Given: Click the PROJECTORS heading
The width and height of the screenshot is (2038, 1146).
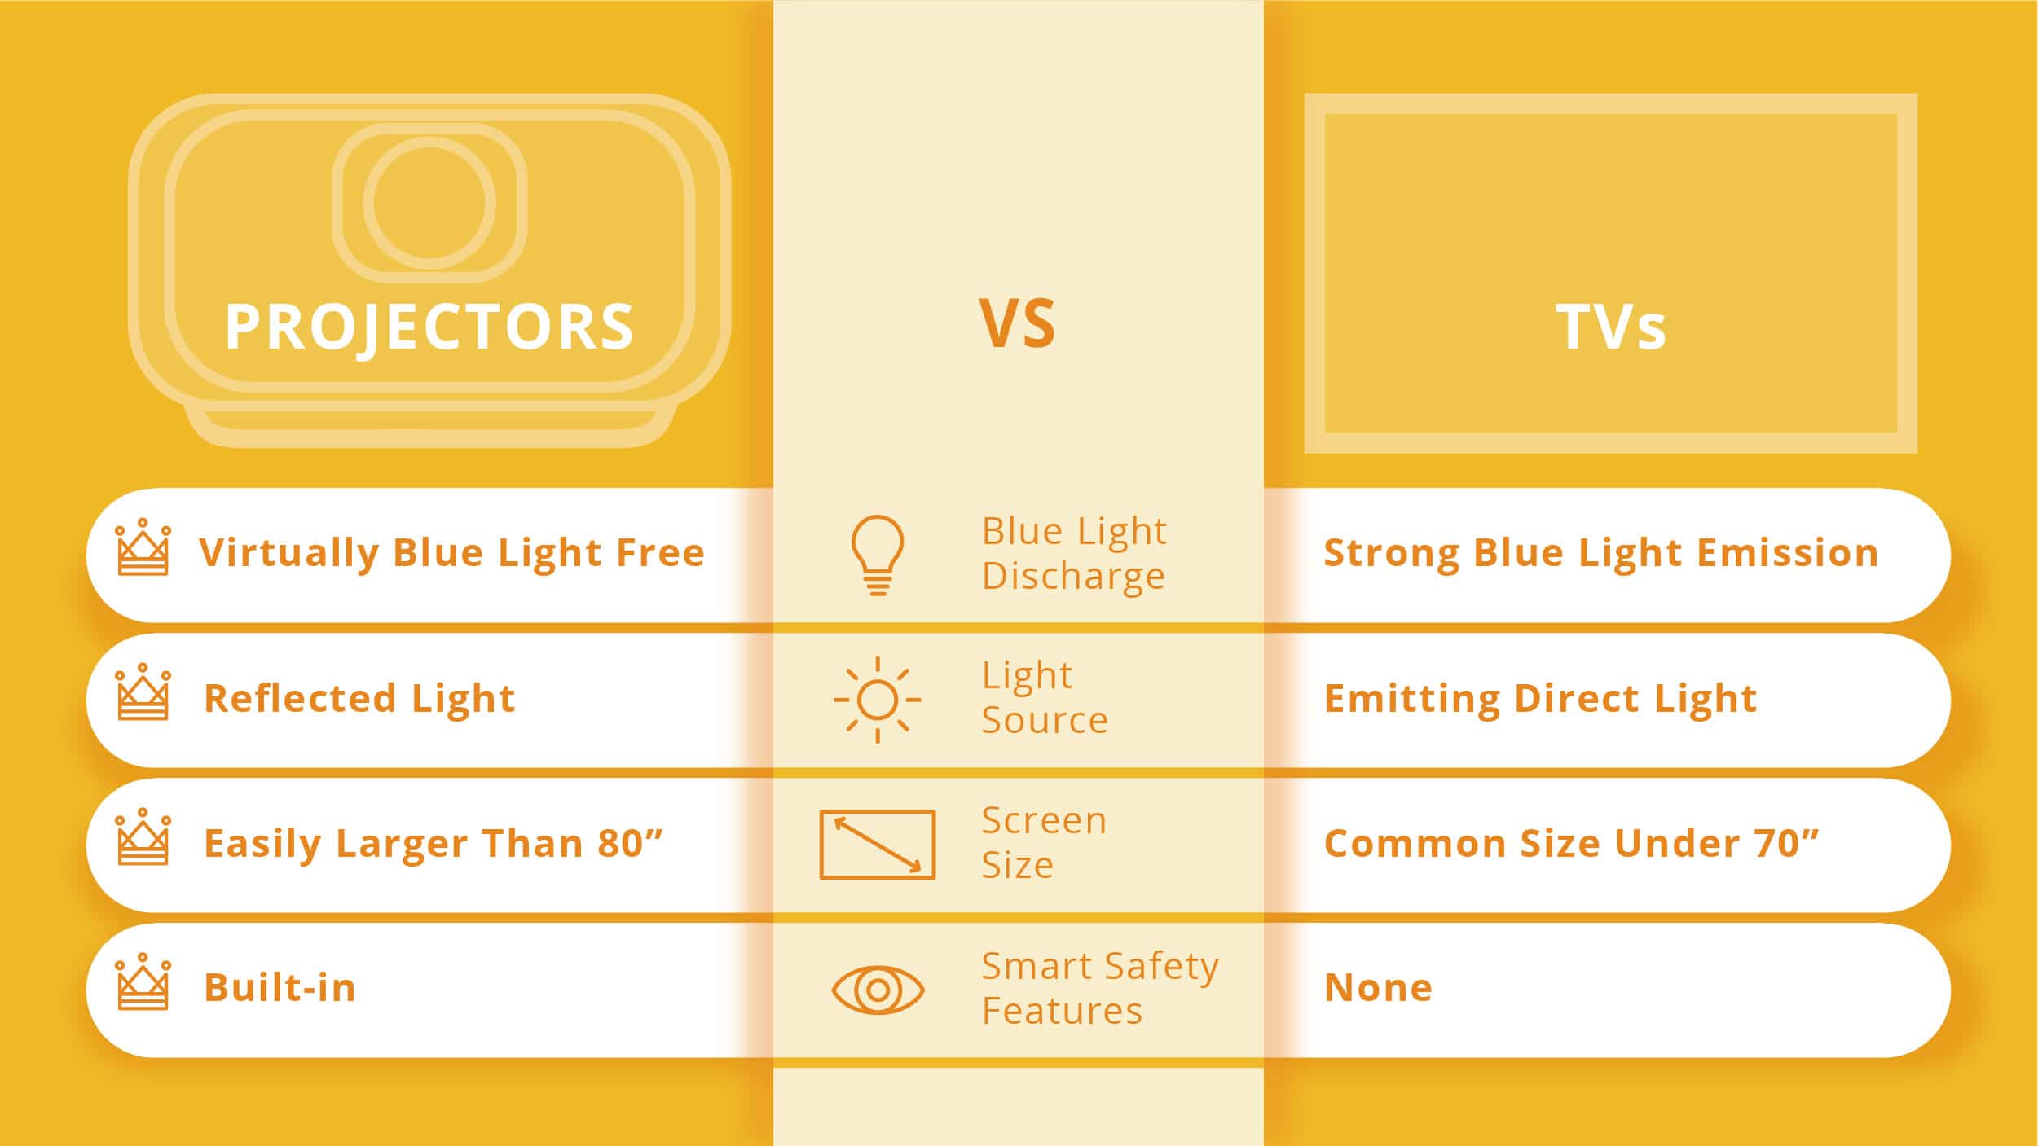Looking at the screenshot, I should click(429, 327).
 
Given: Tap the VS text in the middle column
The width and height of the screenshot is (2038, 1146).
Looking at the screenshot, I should click(1017, 324).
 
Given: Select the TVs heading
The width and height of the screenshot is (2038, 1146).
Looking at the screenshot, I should click(1610, 327).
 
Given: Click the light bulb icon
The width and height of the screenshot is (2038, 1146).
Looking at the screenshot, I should click(877, 555).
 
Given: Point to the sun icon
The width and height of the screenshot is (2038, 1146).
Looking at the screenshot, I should click(877, 700).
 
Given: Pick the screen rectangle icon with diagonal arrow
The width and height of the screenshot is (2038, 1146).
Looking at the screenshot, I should click(877, 845).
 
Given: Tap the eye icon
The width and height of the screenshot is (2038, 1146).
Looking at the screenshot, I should click(877, 990).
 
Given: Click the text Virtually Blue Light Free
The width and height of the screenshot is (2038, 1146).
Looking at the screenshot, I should click(451, 553).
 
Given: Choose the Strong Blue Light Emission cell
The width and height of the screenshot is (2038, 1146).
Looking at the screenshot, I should click(1600, 553).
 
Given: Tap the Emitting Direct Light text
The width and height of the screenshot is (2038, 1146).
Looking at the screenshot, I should click(1540, 698).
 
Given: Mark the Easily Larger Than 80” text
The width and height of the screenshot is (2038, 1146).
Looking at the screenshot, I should click(434, 843).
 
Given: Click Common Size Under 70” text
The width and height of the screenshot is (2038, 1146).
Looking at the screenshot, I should click(1571, 843).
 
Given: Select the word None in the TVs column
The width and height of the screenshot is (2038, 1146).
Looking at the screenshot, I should click(1378, 988).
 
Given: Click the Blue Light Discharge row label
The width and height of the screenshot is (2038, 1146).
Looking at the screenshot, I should click(1074, 553).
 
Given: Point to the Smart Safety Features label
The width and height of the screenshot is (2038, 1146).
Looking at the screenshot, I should click(1099, 988).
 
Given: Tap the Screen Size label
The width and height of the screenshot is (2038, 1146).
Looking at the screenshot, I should click(1044, 843).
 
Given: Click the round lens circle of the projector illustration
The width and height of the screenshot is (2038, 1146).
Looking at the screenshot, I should click(429, 203).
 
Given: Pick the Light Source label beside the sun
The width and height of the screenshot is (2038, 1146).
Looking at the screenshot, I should click(1045, 698).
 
